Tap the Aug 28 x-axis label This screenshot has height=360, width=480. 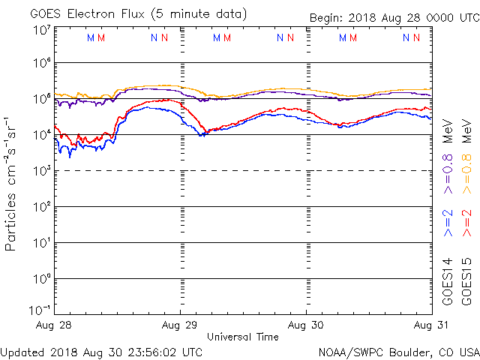click(x=55, y=325)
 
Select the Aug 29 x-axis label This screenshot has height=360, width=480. click(x=181, y=325)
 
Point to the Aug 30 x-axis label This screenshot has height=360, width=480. click(x=307, y=325)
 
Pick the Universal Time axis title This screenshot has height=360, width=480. click(x=243, y=337)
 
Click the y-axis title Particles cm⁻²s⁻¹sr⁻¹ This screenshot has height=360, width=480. click(x=12, y=184)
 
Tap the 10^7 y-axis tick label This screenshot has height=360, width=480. click(x=40, y=30)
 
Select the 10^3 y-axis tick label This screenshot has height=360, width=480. click(x=40, y=170)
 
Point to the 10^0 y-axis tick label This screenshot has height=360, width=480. click(x=40, y=278)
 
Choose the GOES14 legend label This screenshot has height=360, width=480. click(x=449, y=280)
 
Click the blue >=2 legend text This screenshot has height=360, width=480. click(x=449, y=223)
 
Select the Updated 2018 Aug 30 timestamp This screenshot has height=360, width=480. click(x=101, y=351)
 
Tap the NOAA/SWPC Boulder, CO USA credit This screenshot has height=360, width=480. click(x=398, y=351)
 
